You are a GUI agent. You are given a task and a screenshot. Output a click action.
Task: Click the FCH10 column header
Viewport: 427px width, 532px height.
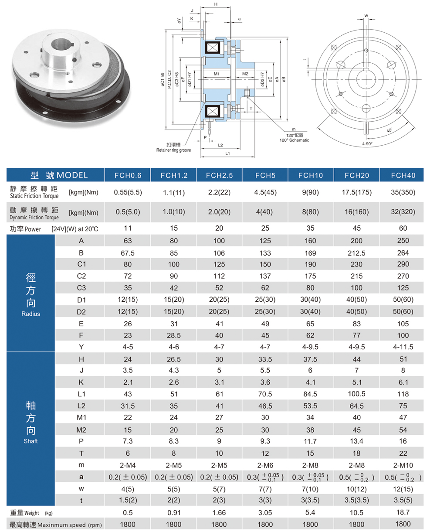coord(310,175)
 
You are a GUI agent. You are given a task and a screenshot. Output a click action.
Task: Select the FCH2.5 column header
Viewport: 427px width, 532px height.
coord(219,175)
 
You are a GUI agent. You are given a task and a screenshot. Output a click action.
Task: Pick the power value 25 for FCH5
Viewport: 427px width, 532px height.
coord(265,228)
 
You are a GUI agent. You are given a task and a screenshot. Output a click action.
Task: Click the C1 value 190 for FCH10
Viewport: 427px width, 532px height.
coord(310,264)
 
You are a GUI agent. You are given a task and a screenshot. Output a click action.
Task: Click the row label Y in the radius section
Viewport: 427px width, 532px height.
coord(81,347)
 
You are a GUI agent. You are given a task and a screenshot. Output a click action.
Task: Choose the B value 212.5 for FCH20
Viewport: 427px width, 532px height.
coord(356,252)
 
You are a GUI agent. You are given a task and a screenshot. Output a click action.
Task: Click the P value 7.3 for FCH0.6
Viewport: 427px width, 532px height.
coord(128,442)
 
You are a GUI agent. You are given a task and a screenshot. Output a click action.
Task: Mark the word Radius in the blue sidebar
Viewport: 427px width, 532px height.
coord(31,314)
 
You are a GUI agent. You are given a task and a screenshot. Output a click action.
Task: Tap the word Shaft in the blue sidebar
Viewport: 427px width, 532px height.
coord(31,441)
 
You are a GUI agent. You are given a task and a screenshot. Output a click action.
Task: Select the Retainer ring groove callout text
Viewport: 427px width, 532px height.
coord(173,150)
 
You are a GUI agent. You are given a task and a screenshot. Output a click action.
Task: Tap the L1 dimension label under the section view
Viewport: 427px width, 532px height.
coord(227,153)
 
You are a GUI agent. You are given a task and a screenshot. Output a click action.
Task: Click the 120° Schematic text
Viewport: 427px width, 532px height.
coord(294,140)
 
